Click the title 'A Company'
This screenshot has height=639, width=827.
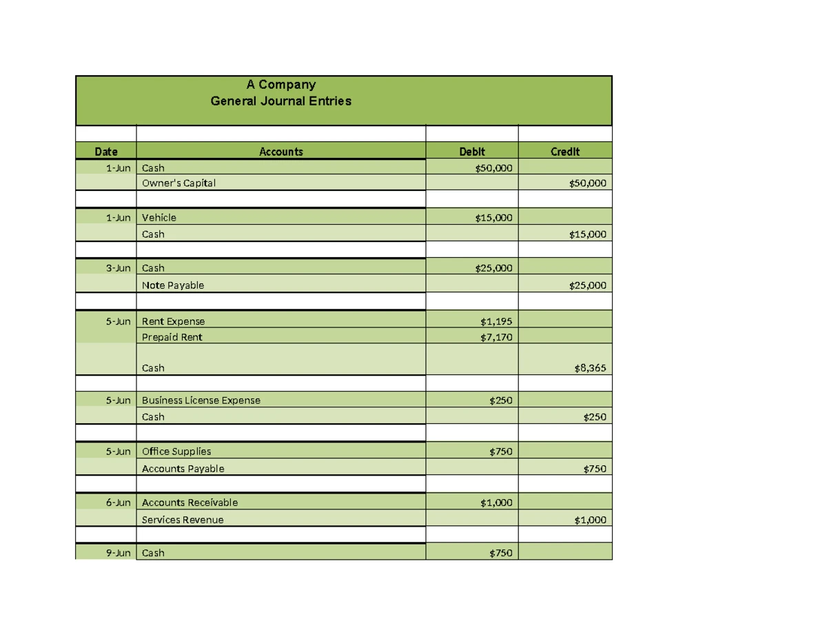click(x=281, y=85)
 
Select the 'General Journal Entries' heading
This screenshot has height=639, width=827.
click(x=281, y=101)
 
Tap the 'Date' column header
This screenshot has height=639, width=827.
click(x=106, y=152)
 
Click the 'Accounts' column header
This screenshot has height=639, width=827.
click(x=281, y=152)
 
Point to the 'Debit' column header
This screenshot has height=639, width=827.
click(x=472, y=152)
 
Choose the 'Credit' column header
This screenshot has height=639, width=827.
click(x=565, y=152)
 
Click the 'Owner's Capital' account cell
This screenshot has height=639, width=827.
click(x=178, y=183)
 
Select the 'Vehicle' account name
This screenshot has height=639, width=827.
click(x=159, y=218)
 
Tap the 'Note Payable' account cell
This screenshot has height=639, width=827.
click(x=173, y=285)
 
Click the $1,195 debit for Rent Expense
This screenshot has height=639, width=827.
click(x=496, y=321)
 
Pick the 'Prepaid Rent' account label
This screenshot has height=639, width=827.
click(x=172, y=337)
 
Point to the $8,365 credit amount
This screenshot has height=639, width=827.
click(x=590, y=368)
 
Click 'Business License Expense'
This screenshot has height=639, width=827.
click(x=201, y=400)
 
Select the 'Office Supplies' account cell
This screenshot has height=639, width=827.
click(x=176, y=452)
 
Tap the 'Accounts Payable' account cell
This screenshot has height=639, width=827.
click(x=183, y=469)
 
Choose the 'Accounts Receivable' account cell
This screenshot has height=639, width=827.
click(x=190, y=503)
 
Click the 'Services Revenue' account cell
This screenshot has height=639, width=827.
click(x=183, y=520)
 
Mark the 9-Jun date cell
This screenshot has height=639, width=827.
click(x=118, y=553)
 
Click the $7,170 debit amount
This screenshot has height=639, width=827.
click(x=496, y=337)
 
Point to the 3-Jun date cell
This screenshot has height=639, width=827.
click(x=118, y=268)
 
